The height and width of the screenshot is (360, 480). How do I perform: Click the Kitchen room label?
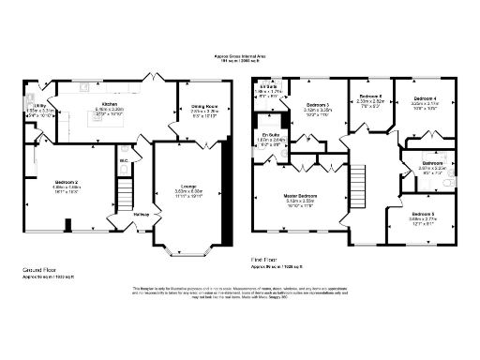click(x=109, y=104)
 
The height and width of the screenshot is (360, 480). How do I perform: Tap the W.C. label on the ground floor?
click(x=124, y=159)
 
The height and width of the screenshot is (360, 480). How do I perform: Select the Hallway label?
click(x=141, y=215)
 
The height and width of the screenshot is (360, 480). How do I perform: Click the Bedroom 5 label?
click(x=423, y=215)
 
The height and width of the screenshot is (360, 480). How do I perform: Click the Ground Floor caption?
click(x=40, y=269)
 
